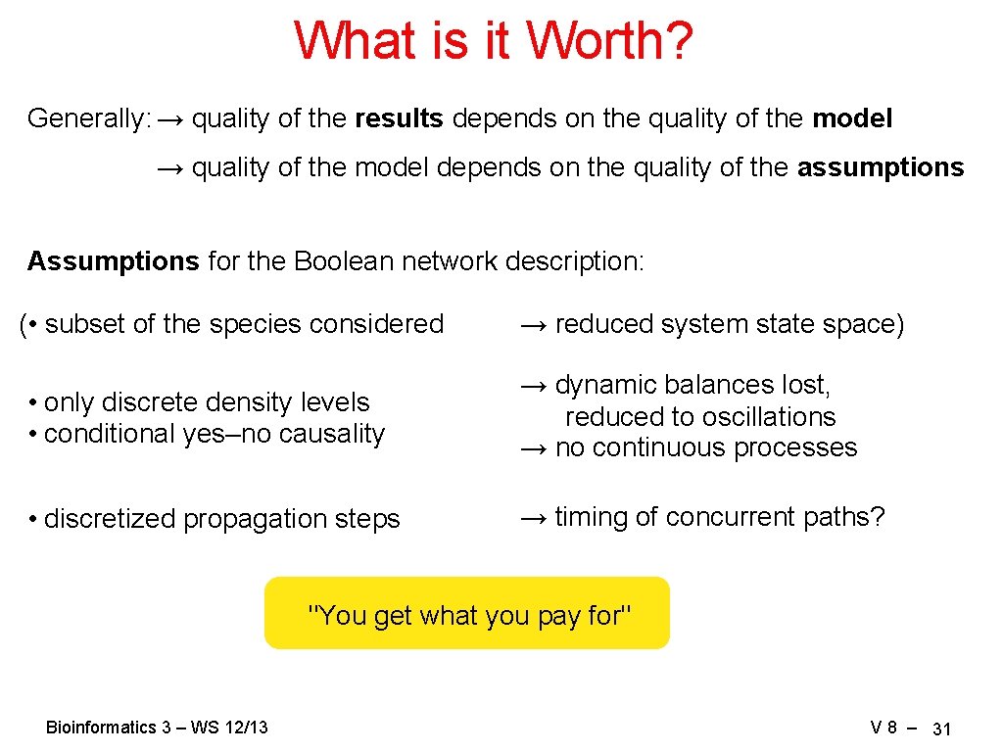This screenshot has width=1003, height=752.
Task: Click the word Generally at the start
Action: point(87,119)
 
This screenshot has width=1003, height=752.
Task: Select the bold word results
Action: point(399,119)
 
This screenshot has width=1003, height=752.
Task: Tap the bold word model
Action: point(852,119)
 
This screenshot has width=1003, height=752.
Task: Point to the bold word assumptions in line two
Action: point(880,168)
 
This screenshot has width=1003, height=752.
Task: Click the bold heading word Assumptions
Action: point(113,261)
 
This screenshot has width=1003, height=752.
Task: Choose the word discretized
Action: point(109,519)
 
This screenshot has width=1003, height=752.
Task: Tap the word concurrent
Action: point(741,517)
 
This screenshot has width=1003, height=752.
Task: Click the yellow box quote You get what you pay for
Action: point(468,614)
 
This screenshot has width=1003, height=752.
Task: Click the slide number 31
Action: point(942,728)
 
